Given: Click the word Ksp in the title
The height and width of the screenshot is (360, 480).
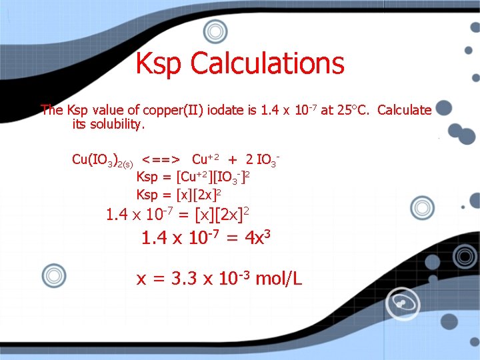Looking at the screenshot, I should pyautogui.click(x=160, y=64).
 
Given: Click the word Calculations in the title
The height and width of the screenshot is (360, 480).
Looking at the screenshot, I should pyautogui.click(x=267, y=64).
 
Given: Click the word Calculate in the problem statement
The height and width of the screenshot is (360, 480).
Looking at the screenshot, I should pyautogui.click(x=404, y=111).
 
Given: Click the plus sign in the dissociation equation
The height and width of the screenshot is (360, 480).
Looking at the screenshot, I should pyautogui.click(x=233, y=159).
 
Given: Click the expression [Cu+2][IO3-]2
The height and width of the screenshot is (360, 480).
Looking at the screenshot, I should pyautogui.click(x=213, y=177).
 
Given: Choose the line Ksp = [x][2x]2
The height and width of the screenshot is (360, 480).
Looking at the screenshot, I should pyautogui.click(x=179, y=195).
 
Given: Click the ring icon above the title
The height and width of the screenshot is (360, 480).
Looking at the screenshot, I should pyautogui.click(x=215, y=31).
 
